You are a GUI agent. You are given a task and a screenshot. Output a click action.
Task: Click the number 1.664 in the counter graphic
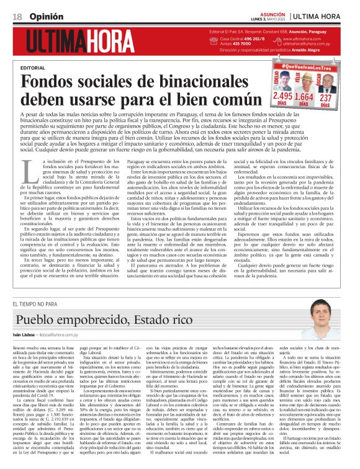[304, 97]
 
